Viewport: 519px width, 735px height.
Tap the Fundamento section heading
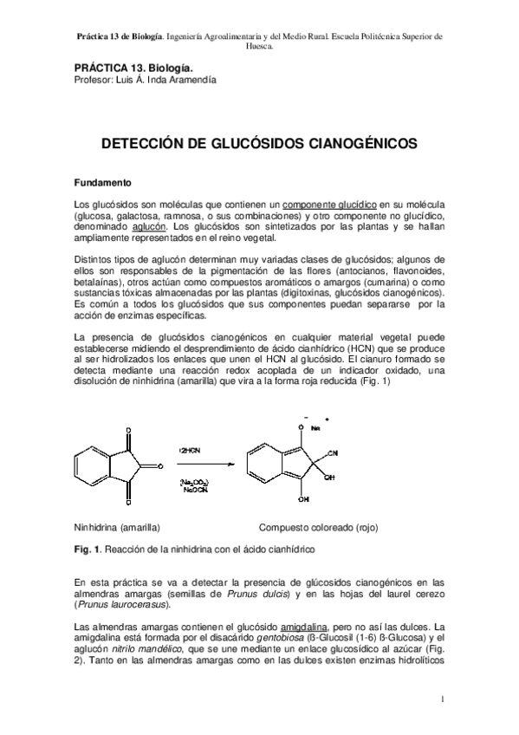[x=102, y=184]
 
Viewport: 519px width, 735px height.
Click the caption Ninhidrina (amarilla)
[x=116, y=526]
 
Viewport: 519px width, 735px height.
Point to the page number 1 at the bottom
[x=442, y=699]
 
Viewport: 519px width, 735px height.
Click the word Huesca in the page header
[x=259, y=48]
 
